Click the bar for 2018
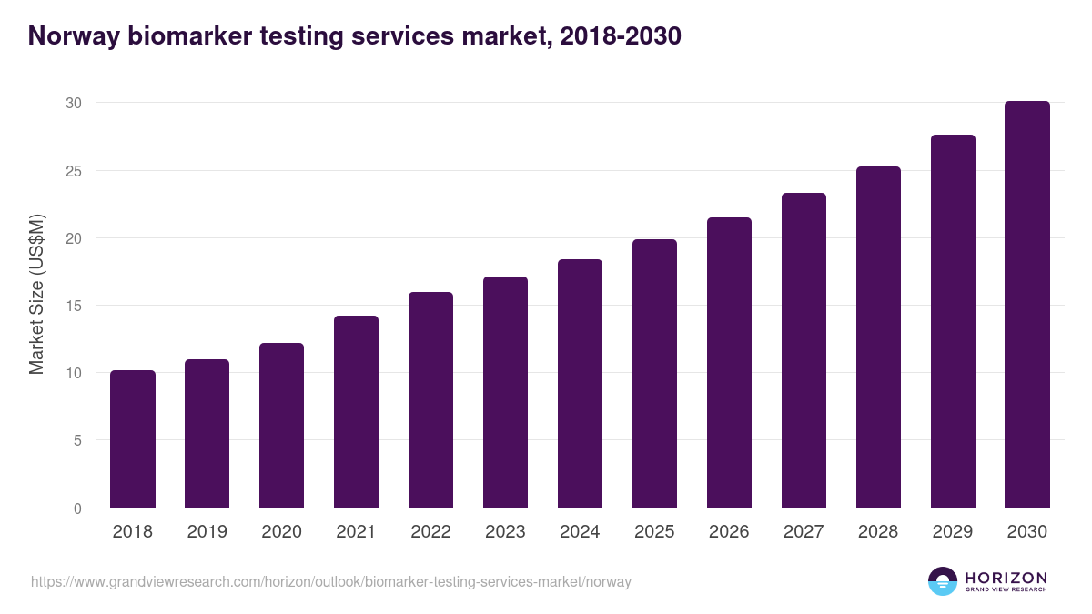click(x=133, y=439)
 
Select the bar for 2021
click(x=356, y=412)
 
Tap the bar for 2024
click(x=580, y=384)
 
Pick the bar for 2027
click(x=804, y=350)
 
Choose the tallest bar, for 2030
click(x=1026, y=305)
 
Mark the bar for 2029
click(x=953, y=321)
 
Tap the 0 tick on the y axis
click(x=77, y=508)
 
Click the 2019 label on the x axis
click(x=207, y=532)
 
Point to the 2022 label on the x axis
click(x=430, y=532)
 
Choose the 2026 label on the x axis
click(x=729, y=532)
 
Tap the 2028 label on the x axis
click(x=878, y=532)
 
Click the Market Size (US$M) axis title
click(x=36, y=294)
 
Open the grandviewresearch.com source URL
click(x=330, y=582)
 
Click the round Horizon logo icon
click(x=943, y=581)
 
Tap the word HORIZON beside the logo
click(x=1006, y=578)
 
